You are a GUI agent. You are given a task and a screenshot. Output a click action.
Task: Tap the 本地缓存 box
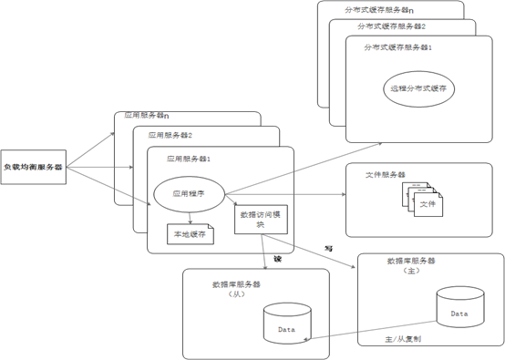[190, 233]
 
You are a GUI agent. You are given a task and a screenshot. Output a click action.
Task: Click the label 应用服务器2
[170, 135]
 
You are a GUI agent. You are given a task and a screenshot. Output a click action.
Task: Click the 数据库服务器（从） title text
[236, 289]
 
